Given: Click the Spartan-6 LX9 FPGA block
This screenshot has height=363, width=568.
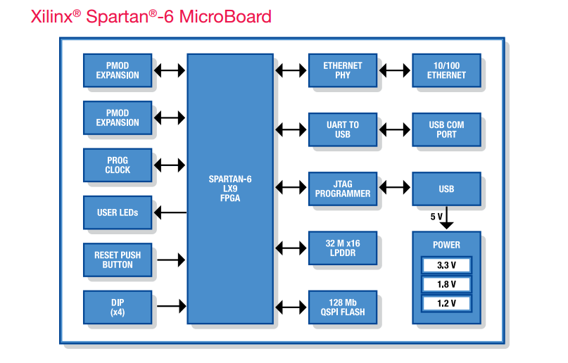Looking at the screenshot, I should (x=229, y=189).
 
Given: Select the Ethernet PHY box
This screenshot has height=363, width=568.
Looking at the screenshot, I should (x=343, y=70).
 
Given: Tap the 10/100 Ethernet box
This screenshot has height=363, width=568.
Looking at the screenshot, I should (x=446, y=70).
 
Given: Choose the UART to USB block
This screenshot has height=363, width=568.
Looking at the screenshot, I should (x=343, y=129).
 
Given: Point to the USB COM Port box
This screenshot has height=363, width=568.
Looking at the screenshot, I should (x=446, y=129).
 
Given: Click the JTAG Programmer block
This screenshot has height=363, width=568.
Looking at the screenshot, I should (x=343, y=189).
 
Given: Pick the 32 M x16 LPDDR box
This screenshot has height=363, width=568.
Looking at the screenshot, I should (x=343, y=248).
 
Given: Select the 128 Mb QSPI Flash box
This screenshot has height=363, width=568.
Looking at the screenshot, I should (x=343, y=307).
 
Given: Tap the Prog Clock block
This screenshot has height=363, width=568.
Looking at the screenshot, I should (x=118, y=165).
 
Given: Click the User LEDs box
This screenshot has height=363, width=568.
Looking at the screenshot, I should (x=118, y=212).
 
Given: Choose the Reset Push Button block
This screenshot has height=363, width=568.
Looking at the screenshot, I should (x=118, y=260).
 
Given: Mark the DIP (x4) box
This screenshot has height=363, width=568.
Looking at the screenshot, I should (x=118, y=307).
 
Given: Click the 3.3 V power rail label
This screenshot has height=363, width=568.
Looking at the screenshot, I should (x=446, y=265).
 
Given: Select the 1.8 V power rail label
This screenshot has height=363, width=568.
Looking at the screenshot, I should (x=446, y=284).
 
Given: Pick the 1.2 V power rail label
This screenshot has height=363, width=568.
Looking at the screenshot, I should (x=446, y=304).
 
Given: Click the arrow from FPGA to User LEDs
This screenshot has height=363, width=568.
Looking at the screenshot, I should (x=170, y=212).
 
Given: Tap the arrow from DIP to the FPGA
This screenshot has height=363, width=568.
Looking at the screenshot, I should (x=170, y=307).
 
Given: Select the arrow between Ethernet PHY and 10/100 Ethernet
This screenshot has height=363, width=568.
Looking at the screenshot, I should (x=395, y=70).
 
